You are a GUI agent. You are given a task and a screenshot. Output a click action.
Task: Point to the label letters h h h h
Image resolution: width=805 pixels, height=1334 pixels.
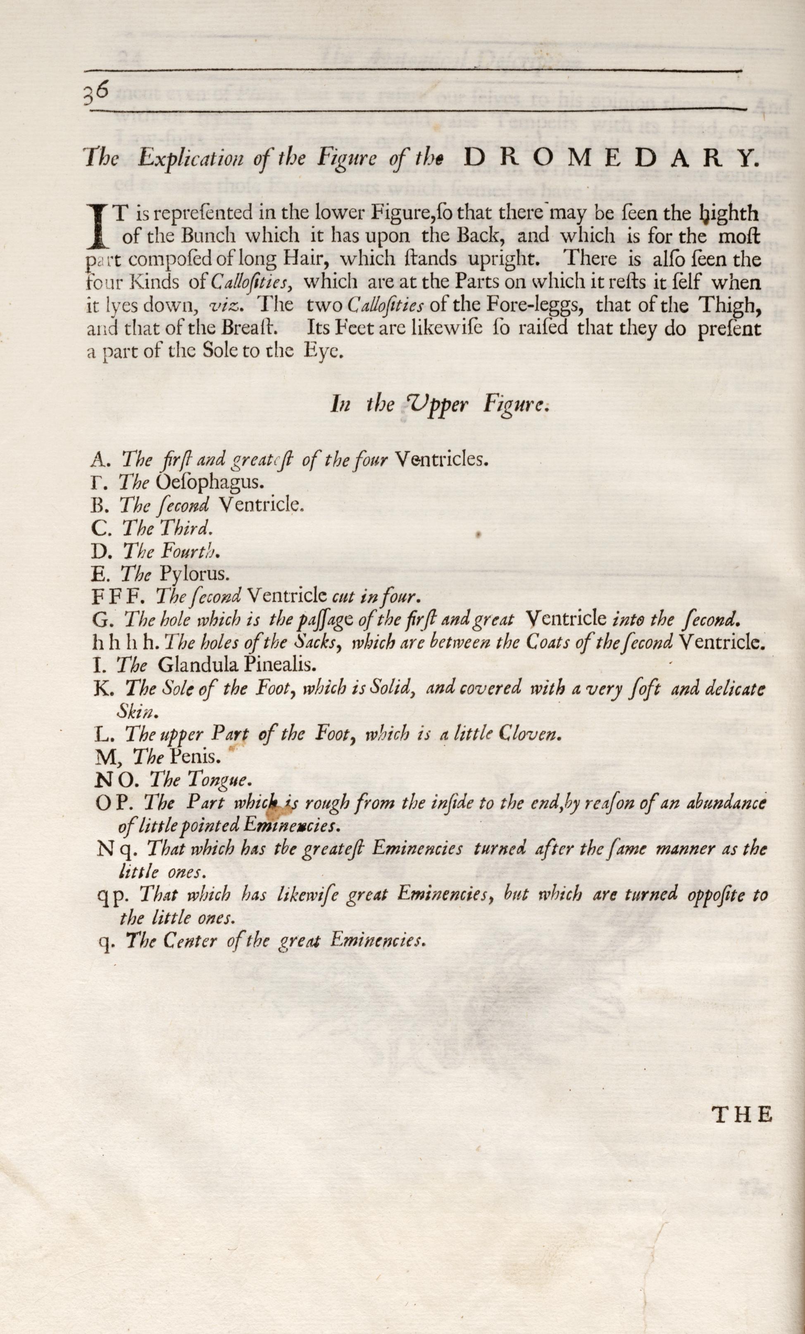point(126,643)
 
